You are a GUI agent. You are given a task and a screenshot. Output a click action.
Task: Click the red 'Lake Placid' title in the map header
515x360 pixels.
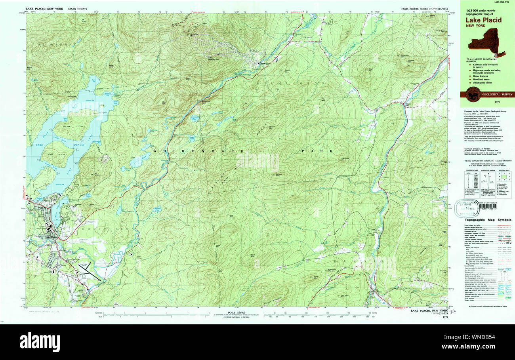tap(483, 20)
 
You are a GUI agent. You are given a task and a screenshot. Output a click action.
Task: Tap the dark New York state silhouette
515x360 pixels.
tap(488, 44)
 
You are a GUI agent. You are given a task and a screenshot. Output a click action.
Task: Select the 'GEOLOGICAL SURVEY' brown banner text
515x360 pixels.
tap(497, 94)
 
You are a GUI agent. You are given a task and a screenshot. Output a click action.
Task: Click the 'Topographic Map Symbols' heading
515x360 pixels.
tap(482, 219)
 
